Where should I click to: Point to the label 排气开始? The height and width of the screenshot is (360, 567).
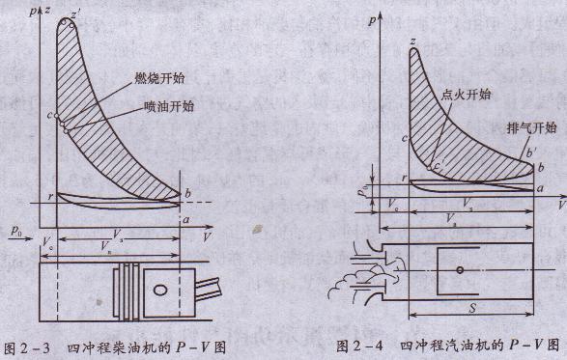(532, 127)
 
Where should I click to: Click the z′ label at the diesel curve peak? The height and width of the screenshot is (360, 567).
(77, 15)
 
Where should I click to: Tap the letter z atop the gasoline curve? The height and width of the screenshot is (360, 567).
(412, 41)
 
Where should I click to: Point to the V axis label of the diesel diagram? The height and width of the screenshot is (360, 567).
(209, 235)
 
